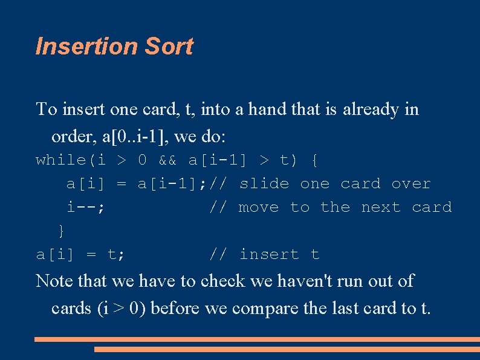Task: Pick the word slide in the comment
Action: point(265,184)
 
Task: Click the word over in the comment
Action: point(411,184)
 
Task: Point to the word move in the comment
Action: point(259,208)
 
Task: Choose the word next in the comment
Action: point(381,208)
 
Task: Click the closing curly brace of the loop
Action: point(62,231)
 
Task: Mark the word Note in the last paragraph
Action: point(53,281)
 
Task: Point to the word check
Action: point(222,281)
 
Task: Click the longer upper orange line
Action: point(257,339)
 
